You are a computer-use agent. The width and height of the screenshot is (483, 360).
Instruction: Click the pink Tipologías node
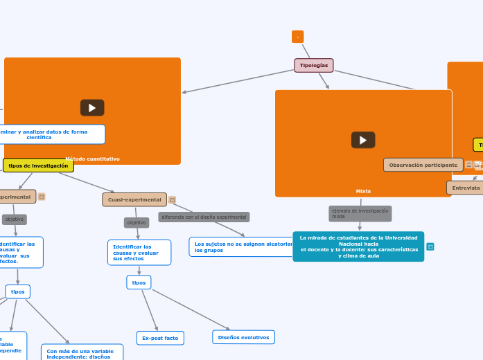(314, 65)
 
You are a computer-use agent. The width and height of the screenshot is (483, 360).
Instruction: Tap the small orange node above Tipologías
(297, 37)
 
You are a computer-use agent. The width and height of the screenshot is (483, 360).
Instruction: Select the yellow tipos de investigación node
(38, 165)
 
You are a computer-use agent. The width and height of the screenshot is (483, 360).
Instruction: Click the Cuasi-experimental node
(134, 199)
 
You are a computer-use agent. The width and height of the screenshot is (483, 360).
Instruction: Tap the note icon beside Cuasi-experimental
(173, 199)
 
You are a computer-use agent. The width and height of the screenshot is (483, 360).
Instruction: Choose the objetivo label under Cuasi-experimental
(137, 222)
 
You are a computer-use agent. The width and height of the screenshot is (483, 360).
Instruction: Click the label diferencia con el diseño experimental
(204, 217)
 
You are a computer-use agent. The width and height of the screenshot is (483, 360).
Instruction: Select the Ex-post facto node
(160, 338)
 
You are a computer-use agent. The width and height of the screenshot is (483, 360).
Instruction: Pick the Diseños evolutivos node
(243, 337)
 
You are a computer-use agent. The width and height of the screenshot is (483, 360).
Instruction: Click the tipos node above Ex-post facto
(139, 282)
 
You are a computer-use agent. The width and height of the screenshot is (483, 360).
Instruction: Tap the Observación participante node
(423, 165)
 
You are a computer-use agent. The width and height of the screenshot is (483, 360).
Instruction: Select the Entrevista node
(465, 188)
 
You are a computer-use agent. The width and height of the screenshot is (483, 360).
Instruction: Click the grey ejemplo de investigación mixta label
(360, 213)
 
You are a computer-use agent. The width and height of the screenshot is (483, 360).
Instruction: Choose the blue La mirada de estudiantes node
(358, 246)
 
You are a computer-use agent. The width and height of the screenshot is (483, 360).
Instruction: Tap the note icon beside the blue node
(430, 246)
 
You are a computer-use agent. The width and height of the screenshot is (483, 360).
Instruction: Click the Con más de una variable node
(82, 353)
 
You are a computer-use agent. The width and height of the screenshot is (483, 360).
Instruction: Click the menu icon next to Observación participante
(469, 165)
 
